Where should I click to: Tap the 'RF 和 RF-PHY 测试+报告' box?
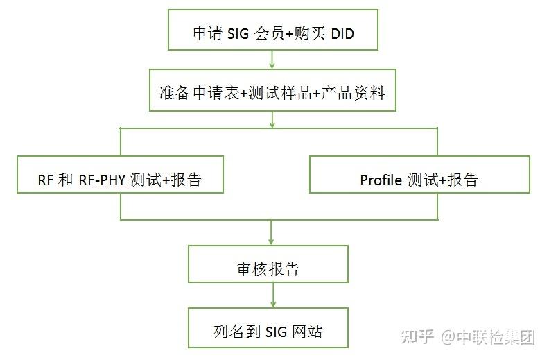pos(121,180)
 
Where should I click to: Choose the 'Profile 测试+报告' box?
pos(419,180)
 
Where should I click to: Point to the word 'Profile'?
pos(381,180)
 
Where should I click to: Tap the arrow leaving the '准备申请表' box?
pos(272,119)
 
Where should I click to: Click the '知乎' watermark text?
pos(419,338)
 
